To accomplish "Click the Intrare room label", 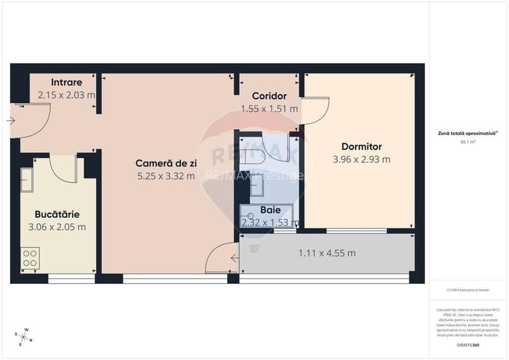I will coord(67,82).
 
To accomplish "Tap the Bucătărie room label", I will coord(58,214).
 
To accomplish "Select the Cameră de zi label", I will coord(166,163).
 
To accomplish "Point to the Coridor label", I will coord(269,96).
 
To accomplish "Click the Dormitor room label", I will coord(361,146).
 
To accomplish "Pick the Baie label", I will coord(270,210).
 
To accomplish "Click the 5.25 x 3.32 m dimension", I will coord(166,176).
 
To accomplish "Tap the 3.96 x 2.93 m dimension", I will coord(361,159).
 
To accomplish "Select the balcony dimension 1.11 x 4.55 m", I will coord(327,253).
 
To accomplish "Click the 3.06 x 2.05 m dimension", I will coord(58,227).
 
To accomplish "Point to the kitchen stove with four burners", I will coord(30,257).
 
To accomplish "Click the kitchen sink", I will coord(27,180).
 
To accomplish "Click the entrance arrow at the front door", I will coord(11,120).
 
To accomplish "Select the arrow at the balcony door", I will coord(234,258).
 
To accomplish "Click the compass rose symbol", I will coord(24,335).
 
